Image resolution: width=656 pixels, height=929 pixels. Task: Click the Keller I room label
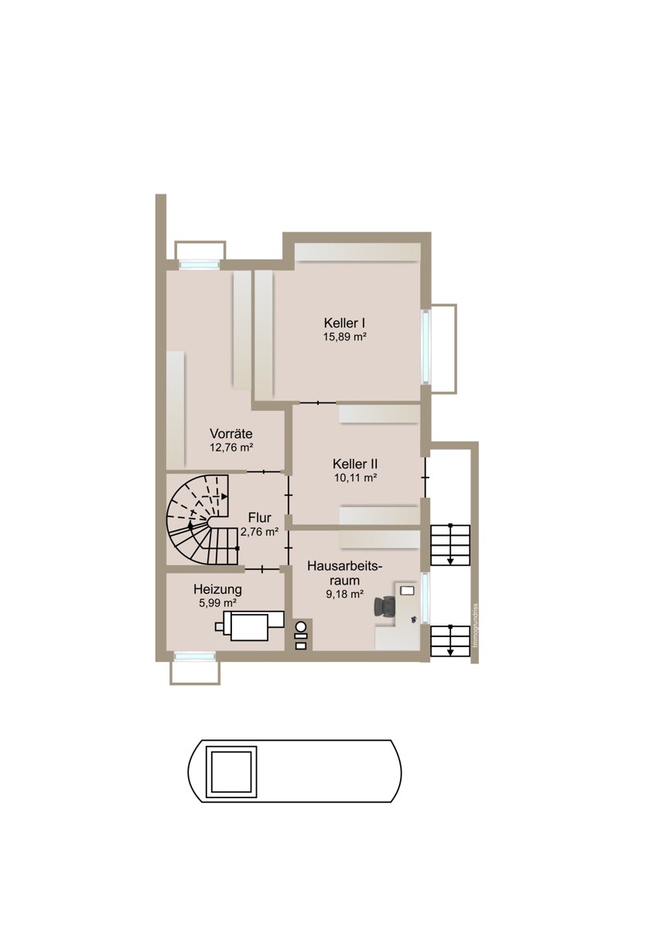[x=344, y=323]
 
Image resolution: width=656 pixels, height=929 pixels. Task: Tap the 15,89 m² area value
[x=345, y=336]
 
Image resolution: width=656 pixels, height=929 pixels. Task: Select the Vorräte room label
[x=231, y=434]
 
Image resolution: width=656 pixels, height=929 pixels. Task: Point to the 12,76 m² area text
[x=231, y=447]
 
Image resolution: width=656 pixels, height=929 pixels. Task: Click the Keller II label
[x=355, y=464]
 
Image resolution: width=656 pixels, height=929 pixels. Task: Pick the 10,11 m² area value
[x=355, y=478]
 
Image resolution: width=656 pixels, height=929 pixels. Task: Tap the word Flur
[x=259, y=518]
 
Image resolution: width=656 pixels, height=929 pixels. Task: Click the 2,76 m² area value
[x=259, y=532]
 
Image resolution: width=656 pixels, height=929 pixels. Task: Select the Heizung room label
[x=217, y=589]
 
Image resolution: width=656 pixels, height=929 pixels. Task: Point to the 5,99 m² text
[x=218, y=603]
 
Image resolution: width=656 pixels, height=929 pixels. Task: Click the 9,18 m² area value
[x=345, y=595]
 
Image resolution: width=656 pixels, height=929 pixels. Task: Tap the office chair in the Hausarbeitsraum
[x=385, y=606]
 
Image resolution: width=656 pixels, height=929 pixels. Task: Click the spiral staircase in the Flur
[x=203, y=520]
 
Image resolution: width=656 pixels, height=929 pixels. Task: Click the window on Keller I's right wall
[x=425, y=347]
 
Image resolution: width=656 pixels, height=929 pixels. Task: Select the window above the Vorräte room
[x=199, y=264]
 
